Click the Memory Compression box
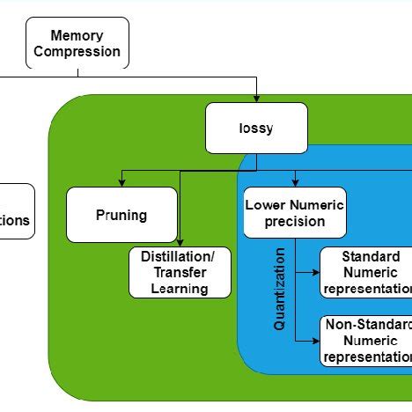pos(77,44)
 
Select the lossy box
pos(256,129)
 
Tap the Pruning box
pos(121,215)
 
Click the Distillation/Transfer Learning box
pos(180,272)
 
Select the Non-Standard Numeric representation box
pos(366,341)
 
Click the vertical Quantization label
pos(280,289)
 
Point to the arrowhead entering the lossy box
pos(256,99)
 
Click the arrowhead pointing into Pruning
pos(121,183)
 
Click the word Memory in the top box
pos(77,36)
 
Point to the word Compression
pos(77,51)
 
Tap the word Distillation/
pos(180,257)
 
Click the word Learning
pos(180,288)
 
